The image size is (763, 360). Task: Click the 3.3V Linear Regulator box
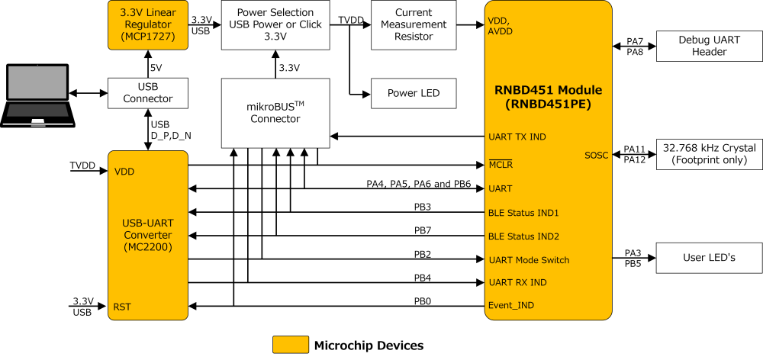[x=148, y=24]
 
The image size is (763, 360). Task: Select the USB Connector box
[x=148, y=93]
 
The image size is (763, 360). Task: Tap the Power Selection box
[x=275, y=24]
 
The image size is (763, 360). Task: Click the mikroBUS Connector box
[x=275, y=113]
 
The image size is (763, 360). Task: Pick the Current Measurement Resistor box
[x=414, y=24]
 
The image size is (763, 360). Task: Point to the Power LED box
[x=414, y=93]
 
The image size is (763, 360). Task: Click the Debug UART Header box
[x=709, y=46]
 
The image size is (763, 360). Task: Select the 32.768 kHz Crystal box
[x=709, y=154]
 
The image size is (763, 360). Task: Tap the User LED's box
[x=709, y=258]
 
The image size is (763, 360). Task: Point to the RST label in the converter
[x=122, y=307]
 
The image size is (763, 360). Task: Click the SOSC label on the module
[x=596, y=155]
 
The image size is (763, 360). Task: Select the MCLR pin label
[x=501, y=165]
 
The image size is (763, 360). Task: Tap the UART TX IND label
[x=517, y=137]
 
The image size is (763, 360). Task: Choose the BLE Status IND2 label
[x=523, y=236]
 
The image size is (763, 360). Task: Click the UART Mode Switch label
[x=529, y=260]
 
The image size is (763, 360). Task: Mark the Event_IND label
[x=510, y=305]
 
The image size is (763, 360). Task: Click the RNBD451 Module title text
[x=549, y=97]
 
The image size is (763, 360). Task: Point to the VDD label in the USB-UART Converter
[x=124, y=172]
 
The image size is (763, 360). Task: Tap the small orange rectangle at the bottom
[x=291, y=345]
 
